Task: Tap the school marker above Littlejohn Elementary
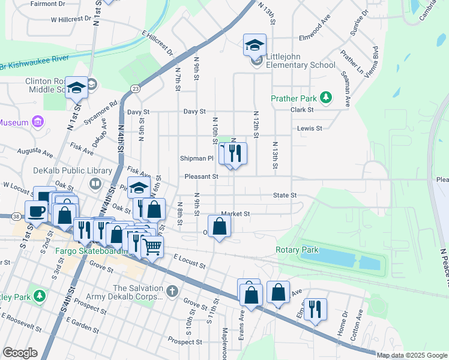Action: [x=255, y=44]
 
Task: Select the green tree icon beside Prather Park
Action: [x=326, y=97]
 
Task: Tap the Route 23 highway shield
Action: [x=136, y=89]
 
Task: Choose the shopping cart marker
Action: [x=152, y=245]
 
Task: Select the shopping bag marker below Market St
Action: [x=220, y=226]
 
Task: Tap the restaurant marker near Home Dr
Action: [x=315, y=310]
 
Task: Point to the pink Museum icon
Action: [x=38, y=122]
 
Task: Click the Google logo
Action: [x=20, y=353]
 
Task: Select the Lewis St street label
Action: [x=310, y=128]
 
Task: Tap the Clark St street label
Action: [x=302, y=110]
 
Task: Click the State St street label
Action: [x=285, y=195]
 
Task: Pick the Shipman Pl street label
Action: [x=197, y=158]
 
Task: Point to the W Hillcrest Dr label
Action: [x=74, y=19]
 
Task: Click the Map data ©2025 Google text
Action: [x=411, y=355]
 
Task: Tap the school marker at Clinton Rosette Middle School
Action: [x=76, y=88]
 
